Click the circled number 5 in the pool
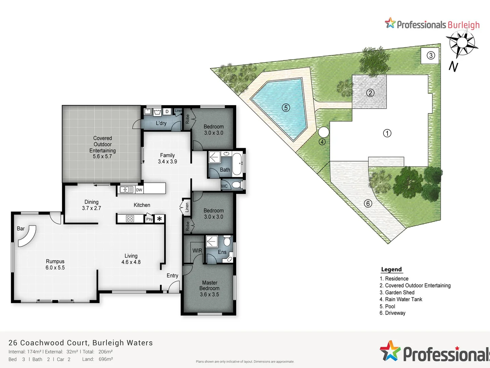[286, 108]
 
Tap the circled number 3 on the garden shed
[431, 56]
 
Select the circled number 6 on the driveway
[368, 203]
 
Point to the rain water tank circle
[323, 132]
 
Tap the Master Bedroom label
[209, 288]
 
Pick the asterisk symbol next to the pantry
[160, 219]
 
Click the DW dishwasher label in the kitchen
[139, 190]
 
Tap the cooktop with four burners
[130, 219]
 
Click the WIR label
[197, 250]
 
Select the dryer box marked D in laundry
[167, 111]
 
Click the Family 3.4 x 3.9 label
[167, 158]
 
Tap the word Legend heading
[391, 269]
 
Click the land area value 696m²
[105, 359]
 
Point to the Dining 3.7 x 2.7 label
[91, 205]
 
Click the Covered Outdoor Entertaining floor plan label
[102, 147]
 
